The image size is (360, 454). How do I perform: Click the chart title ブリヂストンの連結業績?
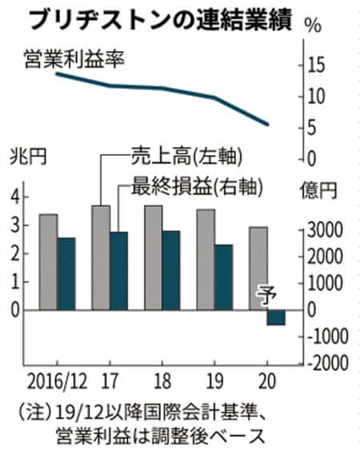pos(161,20)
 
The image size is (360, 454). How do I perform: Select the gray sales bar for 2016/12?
pos(49,262)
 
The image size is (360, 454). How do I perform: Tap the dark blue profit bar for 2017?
pos(119,271)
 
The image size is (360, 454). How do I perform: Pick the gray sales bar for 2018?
pos(154,257)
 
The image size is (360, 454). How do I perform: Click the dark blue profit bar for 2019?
pos(224,277)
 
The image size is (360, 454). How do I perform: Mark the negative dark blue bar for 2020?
pos(276,317)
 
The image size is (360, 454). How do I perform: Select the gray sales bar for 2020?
pos(258,269)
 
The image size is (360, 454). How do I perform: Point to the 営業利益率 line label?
pos(74,59)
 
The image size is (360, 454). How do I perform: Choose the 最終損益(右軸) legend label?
pos(197,186)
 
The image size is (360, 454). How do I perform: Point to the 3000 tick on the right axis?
pos(325,230)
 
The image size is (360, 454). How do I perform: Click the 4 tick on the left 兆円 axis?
pos(16,197)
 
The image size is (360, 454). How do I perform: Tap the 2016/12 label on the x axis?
pos(57,381)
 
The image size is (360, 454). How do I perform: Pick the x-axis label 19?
pos(214,381)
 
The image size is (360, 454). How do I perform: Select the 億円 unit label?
pos(319,190)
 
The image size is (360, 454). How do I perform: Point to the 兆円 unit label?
pos(28,157)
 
